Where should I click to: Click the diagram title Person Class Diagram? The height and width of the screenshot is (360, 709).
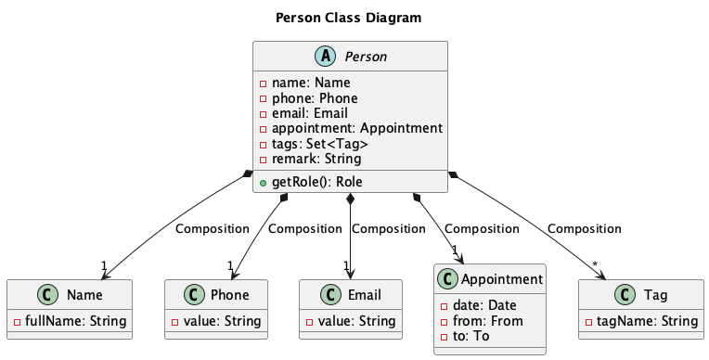click(349, 18)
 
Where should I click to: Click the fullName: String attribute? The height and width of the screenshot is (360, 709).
click(72, 321)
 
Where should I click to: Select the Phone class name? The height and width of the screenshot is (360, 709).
click(228, 295)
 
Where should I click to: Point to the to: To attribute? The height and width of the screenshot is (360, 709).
click(470, 337)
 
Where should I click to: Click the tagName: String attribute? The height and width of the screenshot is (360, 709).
click(641, 321)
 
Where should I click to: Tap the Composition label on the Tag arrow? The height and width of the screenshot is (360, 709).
click(585, 228)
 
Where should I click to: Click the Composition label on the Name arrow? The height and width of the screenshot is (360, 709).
click(212, 228)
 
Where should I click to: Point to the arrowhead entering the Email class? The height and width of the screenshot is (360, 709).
click(350, 273)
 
